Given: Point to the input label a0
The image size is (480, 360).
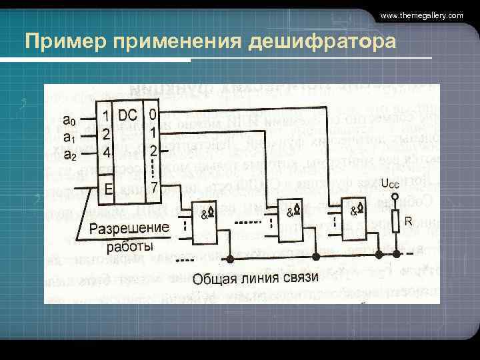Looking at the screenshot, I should pos(69,121).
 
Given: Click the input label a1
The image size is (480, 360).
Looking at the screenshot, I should pos(69,137).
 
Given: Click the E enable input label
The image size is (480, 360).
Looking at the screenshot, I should pos(108,189).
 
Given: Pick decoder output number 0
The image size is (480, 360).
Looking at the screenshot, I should pos(153,115).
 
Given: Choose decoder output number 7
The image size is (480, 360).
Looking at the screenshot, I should pos(153,187).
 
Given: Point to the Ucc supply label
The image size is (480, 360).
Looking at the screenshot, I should pos(391,183).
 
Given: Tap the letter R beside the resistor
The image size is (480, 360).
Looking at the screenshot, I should pos(408,220).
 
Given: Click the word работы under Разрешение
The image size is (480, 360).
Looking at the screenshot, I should pos(129,247).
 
